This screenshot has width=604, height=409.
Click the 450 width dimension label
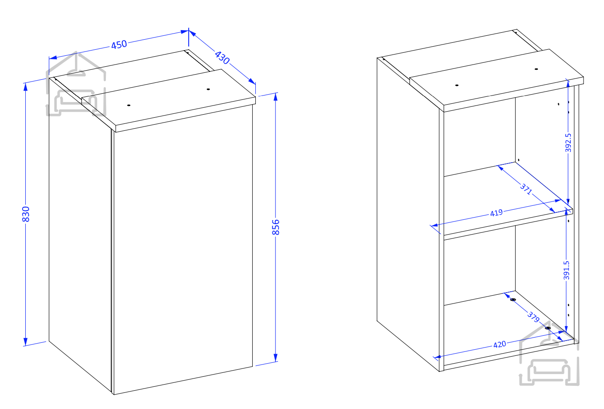(x=119, y=44)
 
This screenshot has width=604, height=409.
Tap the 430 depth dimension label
(x=222, y=58)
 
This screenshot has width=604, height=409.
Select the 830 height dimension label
(x=26, y=214)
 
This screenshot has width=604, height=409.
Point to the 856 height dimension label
(x=275, y=227)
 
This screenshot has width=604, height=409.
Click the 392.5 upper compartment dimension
(x=568, y=143)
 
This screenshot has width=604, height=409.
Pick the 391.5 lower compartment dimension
(x=566, y=270)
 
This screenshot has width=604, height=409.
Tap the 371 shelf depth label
(x=526, y=189)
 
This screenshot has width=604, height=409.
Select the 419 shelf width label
(x=496, y=213)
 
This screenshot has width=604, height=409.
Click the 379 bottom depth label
(x=533, y=317)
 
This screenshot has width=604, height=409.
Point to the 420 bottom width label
(x=499, y=344)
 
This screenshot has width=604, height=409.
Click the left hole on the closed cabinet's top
(x=129, y=105)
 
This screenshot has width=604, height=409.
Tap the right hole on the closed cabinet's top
(x=208, y=89)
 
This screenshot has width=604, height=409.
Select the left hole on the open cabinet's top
(x=457, y=85)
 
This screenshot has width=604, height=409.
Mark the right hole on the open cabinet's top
(x=536, y=69)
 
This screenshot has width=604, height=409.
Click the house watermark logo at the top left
(x=76, y=84)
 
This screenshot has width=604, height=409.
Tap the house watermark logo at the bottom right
(x=549, y=353)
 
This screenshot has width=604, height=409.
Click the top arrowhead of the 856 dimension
(x=275, y=97)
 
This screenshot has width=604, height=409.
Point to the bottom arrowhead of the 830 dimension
(x=26, y=341)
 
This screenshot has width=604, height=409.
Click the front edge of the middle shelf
(x=508, y=225)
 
